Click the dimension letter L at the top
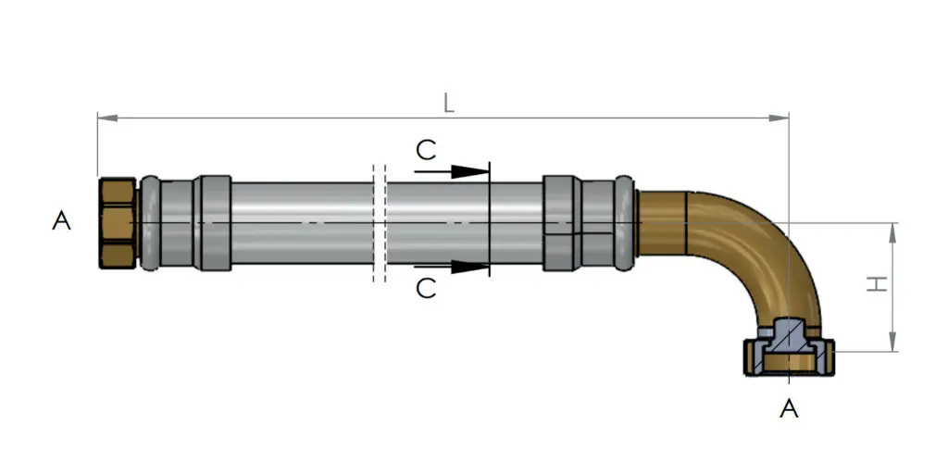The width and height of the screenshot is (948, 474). (x=448, y=103)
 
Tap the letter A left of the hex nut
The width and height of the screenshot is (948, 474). (x=62, y=221)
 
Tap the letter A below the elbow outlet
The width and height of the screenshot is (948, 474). (x=789, y=408)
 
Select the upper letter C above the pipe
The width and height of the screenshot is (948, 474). (x=425, y=150)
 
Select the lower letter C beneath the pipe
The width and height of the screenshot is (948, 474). (x=425, y=289)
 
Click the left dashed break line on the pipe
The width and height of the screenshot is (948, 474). (x=373, y=223)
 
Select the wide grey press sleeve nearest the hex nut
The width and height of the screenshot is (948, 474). (x=216, y=224)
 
